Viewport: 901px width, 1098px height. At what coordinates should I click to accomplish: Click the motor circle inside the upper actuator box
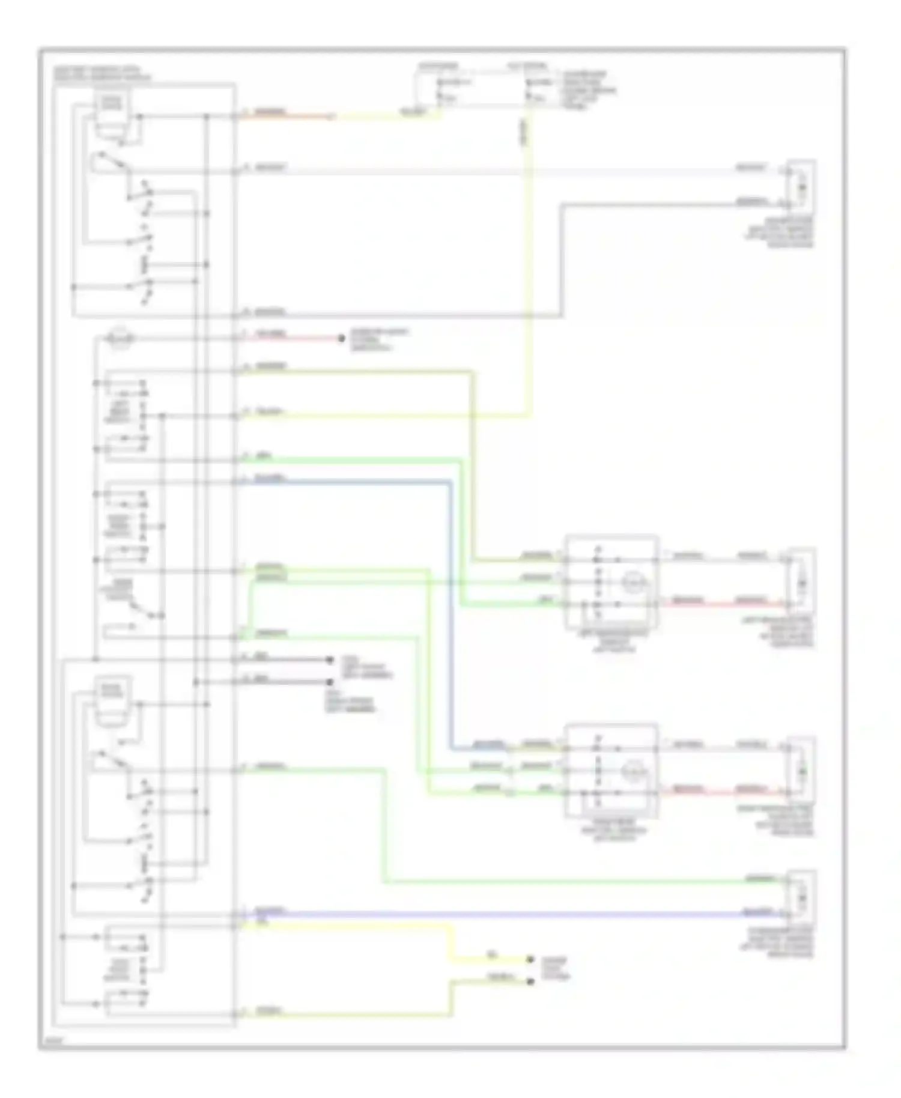(631, 581)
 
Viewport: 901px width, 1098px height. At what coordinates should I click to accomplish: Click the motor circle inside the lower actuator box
(631, 770)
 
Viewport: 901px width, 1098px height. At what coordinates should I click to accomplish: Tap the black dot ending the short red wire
(341, 338)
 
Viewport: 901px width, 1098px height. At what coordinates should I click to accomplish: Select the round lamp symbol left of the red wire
(119, 338)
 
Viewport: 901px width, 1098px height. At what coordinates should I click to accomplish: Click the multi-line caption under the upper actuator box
(612, 641)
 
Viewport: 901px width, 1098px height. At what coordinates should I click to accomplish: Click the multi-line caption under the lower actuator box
(612, 830)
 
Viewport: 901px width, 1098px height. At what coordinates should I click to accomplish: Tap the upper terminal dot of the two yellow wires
(530, 959)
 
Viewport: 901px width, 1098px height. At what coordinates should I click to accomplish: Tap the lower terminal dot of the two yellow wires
(530, 981)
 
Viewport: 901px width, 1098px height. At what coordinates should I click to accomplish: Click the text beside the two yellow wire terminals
(554, 969)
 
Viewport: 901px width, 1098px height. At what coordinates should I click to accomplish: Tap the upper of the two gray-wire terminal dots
(329, 660)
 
